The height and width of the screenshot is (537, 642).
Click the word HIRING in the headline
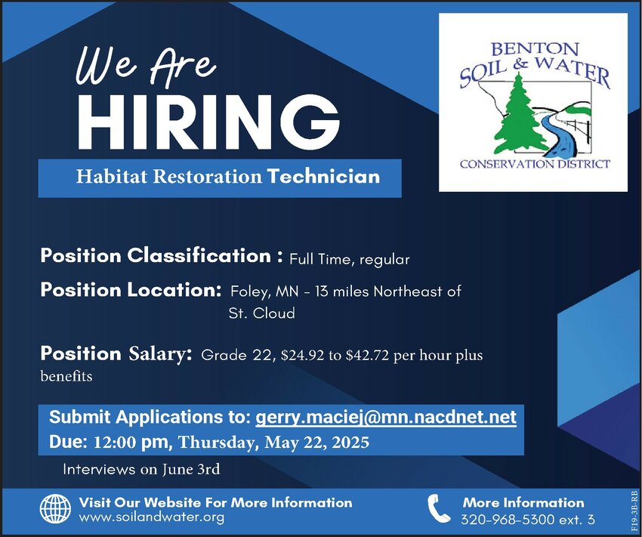(208, 122)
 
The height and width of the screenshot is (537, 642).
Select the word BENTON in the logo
(534, 49)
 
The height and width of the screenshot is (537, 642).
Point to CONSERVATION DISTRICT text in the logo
(535, 165)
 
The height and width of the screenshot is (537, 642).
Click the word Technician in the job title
(323, 177)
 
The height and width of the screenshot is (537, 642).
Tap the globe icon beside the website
(55, 509)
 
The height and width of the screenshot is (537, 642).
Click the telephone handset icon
(439, 508)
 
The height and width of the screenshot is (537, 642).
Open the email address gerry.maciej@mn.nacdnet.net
(386, 418)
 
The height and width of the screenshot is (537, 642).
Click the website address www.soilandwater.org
(152, 517)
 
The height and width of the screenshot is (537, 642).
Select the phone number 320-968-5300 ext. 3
(528, 520)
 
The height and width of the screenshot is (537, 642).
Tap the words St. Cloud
(261, 313)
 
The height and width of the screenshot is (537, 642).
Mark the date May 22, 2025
(317, 443)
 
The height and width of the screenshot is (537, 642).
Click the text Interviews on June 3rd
(141, 469)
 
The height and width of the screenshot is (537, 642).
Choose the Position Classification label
(162, 256)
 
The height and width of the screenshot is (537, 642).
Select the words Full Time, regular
(349, 260)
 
